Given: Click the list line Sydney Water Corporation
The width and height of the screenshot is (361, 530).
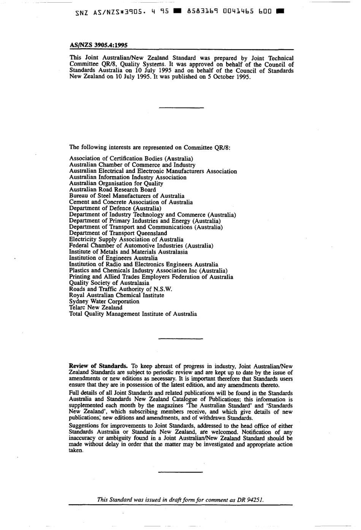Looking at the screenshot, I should click(104, 301).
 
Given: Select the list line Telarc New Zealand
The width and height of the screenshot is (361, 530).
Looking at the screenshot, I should click(96, 307).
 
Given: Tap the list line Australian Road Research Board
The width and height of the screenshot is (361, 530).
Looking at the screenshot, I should click(112, 190).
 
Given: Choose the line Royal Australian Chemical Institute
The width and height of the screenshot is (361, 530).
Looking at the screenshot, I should click(117, 295).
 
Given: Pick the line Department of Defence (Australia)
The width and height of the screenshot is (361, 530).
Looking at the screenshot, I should click(115, 208).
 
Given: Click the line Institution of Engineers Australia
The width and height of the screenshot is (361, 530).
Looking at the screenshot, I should click(113, 258).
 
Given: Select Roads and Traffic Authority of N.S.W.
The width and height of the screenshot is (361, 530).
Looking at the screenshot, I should click(120, 289).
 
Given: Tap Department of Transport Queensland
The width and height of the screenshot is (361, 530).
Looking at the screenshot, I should click(118, 233).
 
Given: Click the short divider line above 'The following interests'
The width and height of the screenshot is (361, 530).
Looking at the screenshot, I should click(180, 108).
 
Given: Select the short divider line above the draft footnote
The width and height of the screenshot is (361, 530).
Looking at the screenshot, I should click(180, 472).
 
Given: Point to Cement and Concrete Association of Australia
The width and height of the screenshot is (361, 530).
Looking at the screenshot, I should click(131, 202).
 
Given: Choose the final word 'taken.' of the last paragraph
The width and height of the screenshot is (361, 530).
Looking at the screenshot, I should click(76, 451).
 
